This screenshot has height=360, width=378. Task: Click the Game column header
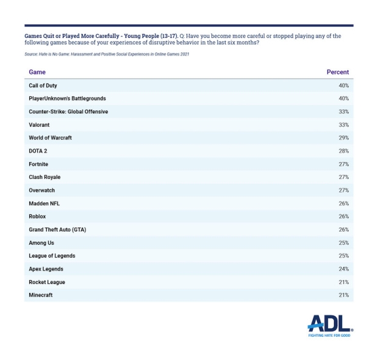click(37, 72)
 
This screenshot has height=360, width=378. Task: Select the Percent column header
click(337, 72)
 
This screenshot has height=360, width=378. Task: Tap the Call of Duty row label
click(43, 85)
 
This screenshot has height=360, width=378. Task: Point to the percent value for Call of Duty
click(343, 85)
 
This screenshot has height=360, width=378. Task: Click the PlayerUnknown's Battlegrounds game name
click(67, 99)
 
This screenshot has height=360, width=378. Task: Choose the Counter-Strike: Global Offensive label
click(68, 111)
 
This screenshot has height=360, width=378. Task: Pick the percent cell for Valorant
click(343, 125)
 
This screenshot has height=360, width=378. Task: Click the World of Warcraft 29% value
click(343, 138)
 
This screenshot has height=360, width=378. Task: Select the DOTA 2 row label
click(38, 151)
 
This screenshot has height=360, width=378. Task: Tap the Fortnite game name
click(38, 164)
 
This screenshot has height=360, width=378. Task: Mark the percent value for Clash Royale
click(343, 177)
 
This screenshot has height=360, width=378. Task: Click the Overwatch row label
click(41, 190)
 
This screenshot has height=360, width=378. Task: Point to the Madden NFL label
click(45, 203)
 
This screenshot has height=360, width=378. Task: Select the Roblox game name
click(37, 216)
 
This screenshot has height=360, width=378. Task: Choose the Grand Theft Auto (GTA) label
click(57, 230)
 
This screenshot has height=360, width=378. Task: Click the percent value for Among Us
click(343, 243)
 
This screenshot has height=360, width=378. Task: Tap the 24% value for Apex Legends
click(343, 269)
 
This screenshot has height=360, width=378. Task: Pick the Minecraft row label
click(41, 295)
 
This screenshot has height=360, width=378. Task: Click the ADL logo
click(330, 325)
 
